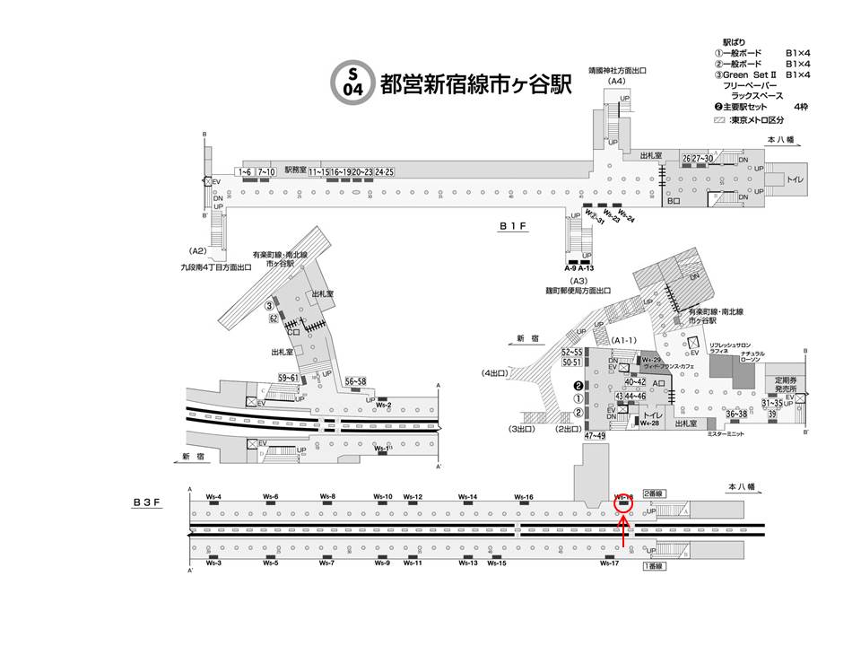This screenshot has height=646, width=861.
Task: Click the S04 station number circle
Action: click(352, 80)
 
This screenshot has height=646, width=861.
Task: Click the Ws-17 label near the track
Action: click(610, 563)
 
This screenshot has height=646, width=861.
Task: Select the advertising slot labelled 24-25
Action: click(385, 170)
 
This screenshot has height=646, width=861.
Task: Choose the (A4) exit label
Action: click(616, 82)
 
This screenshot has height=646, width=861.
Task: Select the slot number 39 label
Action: click(771, 415)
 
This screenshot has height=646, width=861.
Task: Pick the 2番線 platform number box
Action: click(652, 493)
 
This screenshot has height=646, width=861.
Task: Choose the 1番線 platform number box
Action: click(652, 566)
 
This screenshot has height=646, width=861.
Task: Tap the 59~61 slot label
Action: click(288, 378)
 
